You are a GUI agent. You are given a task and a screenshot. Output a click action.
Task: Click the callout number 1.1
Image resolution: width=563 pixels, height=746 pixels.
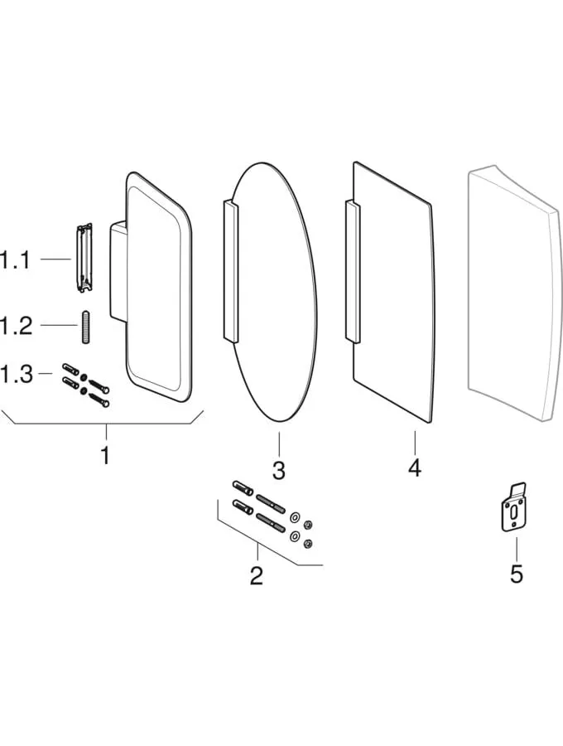point(15,260)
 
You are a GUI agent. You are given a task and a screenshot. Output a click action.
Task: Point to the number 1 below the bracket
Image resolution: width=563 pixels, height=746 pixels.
point(105,455)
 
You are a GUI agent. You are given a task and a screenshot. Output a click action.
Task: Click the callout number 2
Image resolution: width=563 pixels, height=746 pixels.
point(257,574)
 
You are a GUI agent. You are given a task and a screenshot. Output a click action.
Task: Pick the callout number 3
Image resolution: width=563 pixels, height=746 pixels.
point(279,470)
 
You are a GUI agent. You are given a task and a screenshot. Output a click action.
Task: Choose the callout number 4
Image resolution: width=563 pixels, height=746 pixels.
point(414,467)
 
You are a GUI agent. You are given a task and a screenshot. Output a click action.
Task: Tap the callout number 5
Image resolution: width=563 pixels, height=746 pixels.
point(517,574)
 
